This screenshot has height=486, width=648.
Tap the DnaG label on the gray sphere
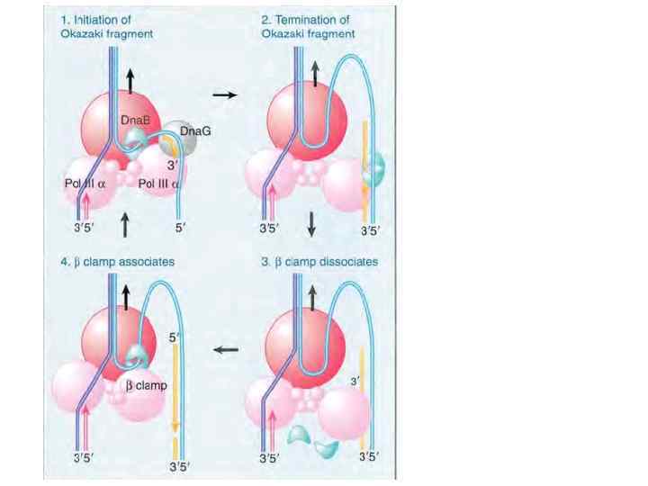195,130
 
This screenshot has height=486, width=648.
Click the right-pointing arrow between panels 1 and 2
225,95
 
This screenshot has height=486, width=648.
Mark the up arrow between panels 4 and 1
125,220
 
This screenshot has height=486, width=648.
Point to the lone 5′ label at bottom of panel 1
180,229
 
